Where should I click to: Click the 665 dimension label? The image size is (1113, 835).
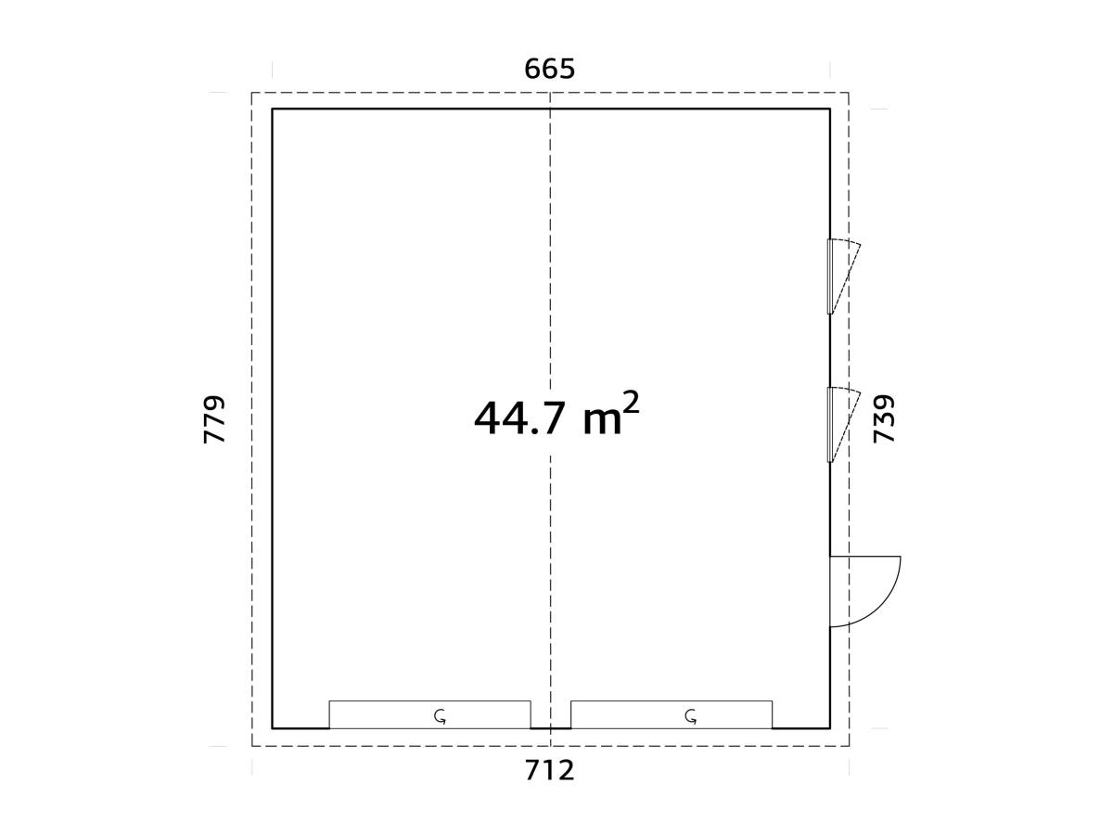pyautogui.click(x=550, y=70)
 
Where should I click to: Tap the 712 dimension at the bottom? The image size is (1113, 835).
pyautogui.click(x=550, y=770)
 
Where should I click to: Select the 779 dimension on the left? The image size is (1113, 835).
pyautogui.click(x=214, y=418)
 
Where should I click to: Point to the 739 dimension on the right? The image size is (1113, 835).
pyautogui.click(x=885, y=418)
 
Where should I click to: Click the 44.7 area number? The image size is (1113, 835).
pyautogui.click(x=518, y=418)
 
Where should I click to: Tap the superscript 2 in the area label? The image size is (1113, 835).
pyautogui.click(x=631, y=403)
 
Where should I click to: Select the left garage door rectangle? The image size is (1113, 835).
pyautogui.click(x=429, y=714)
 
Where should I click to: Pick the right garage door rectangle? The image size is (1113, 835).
pyautogui.click(x=671, y=714)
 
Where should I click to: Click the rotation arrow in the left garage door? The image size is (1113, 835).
pyautogui.click(x=441, y=715)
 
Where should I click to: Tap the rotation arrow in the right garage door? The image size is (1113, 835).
pyautogui.click(x=691, y=715)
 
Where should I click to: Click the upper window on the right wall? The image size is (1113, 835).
pyautogui.click(x=831, y=276)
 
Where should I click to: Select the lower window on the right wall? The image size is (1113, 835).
pyautogui.click(x=831, y=424)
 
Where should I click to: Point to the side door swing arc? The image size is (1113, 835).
pyautogui.click(x=888, y=603)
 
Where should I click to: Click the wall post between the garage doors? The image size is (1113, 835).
pyautogui.click(x=550, y=728)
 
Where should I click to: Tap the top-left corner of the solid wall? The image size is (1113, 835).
pyautogui.click(x=272, y=109)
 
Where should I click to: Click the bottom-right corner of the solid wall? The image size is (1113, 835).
pyautogui.click(x=829, y=728)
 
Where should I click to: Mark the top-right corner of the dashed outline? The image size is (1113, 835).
pyautogui.click(x=849, y=93)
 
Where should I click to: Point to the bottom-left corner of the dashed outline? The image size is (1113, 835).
pyautogui.click(x=252, y=746)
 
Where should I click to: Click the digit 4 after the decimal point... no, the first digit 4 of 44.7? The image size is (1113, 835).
pyautogui.click(x=488, y=418)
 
